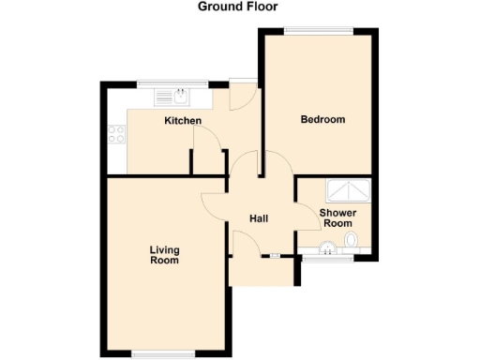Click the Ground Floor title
point(238,7)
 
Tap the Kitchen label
point(183,122)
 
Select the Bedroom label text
point(322,120)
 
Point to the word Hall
point(260,218)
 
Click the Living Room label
point(164,255)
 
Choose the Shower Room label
point(337,218)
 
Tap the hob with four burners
point(117,135)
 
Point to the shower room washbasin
point(327,248)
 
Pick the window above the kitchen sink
point(172,84)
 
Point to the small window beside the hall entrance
point(275,256)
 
